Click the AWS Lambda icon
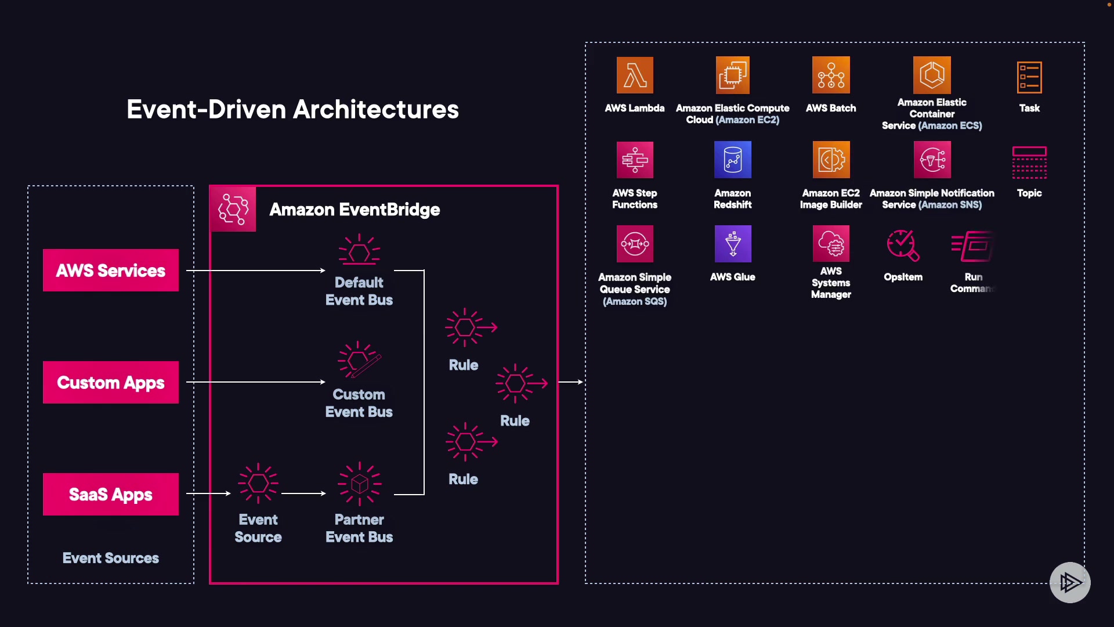point(635,75)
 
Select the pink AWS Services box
point(111,271)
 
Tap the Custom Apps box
point(111,383)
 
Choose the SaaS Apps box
point(111,494)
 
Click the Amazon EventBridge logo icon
point(233,209)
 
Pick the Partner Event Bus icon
point(359,483)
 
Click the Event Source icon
point(258,483)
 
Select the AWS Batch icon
point(831,75)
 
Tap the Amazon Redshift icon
point(733,160)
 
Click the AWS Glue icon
point(733,244)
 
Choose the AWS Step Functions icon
point(635,160)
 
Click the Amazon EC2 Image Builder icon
point(831,160)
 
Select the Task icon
point(1029,77)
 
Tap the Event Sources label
point(111,558)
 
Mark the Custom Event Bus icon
point(359,360)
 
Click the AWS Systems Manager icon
point(831,244)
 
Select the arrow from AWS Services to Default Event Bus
point(255,271)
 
